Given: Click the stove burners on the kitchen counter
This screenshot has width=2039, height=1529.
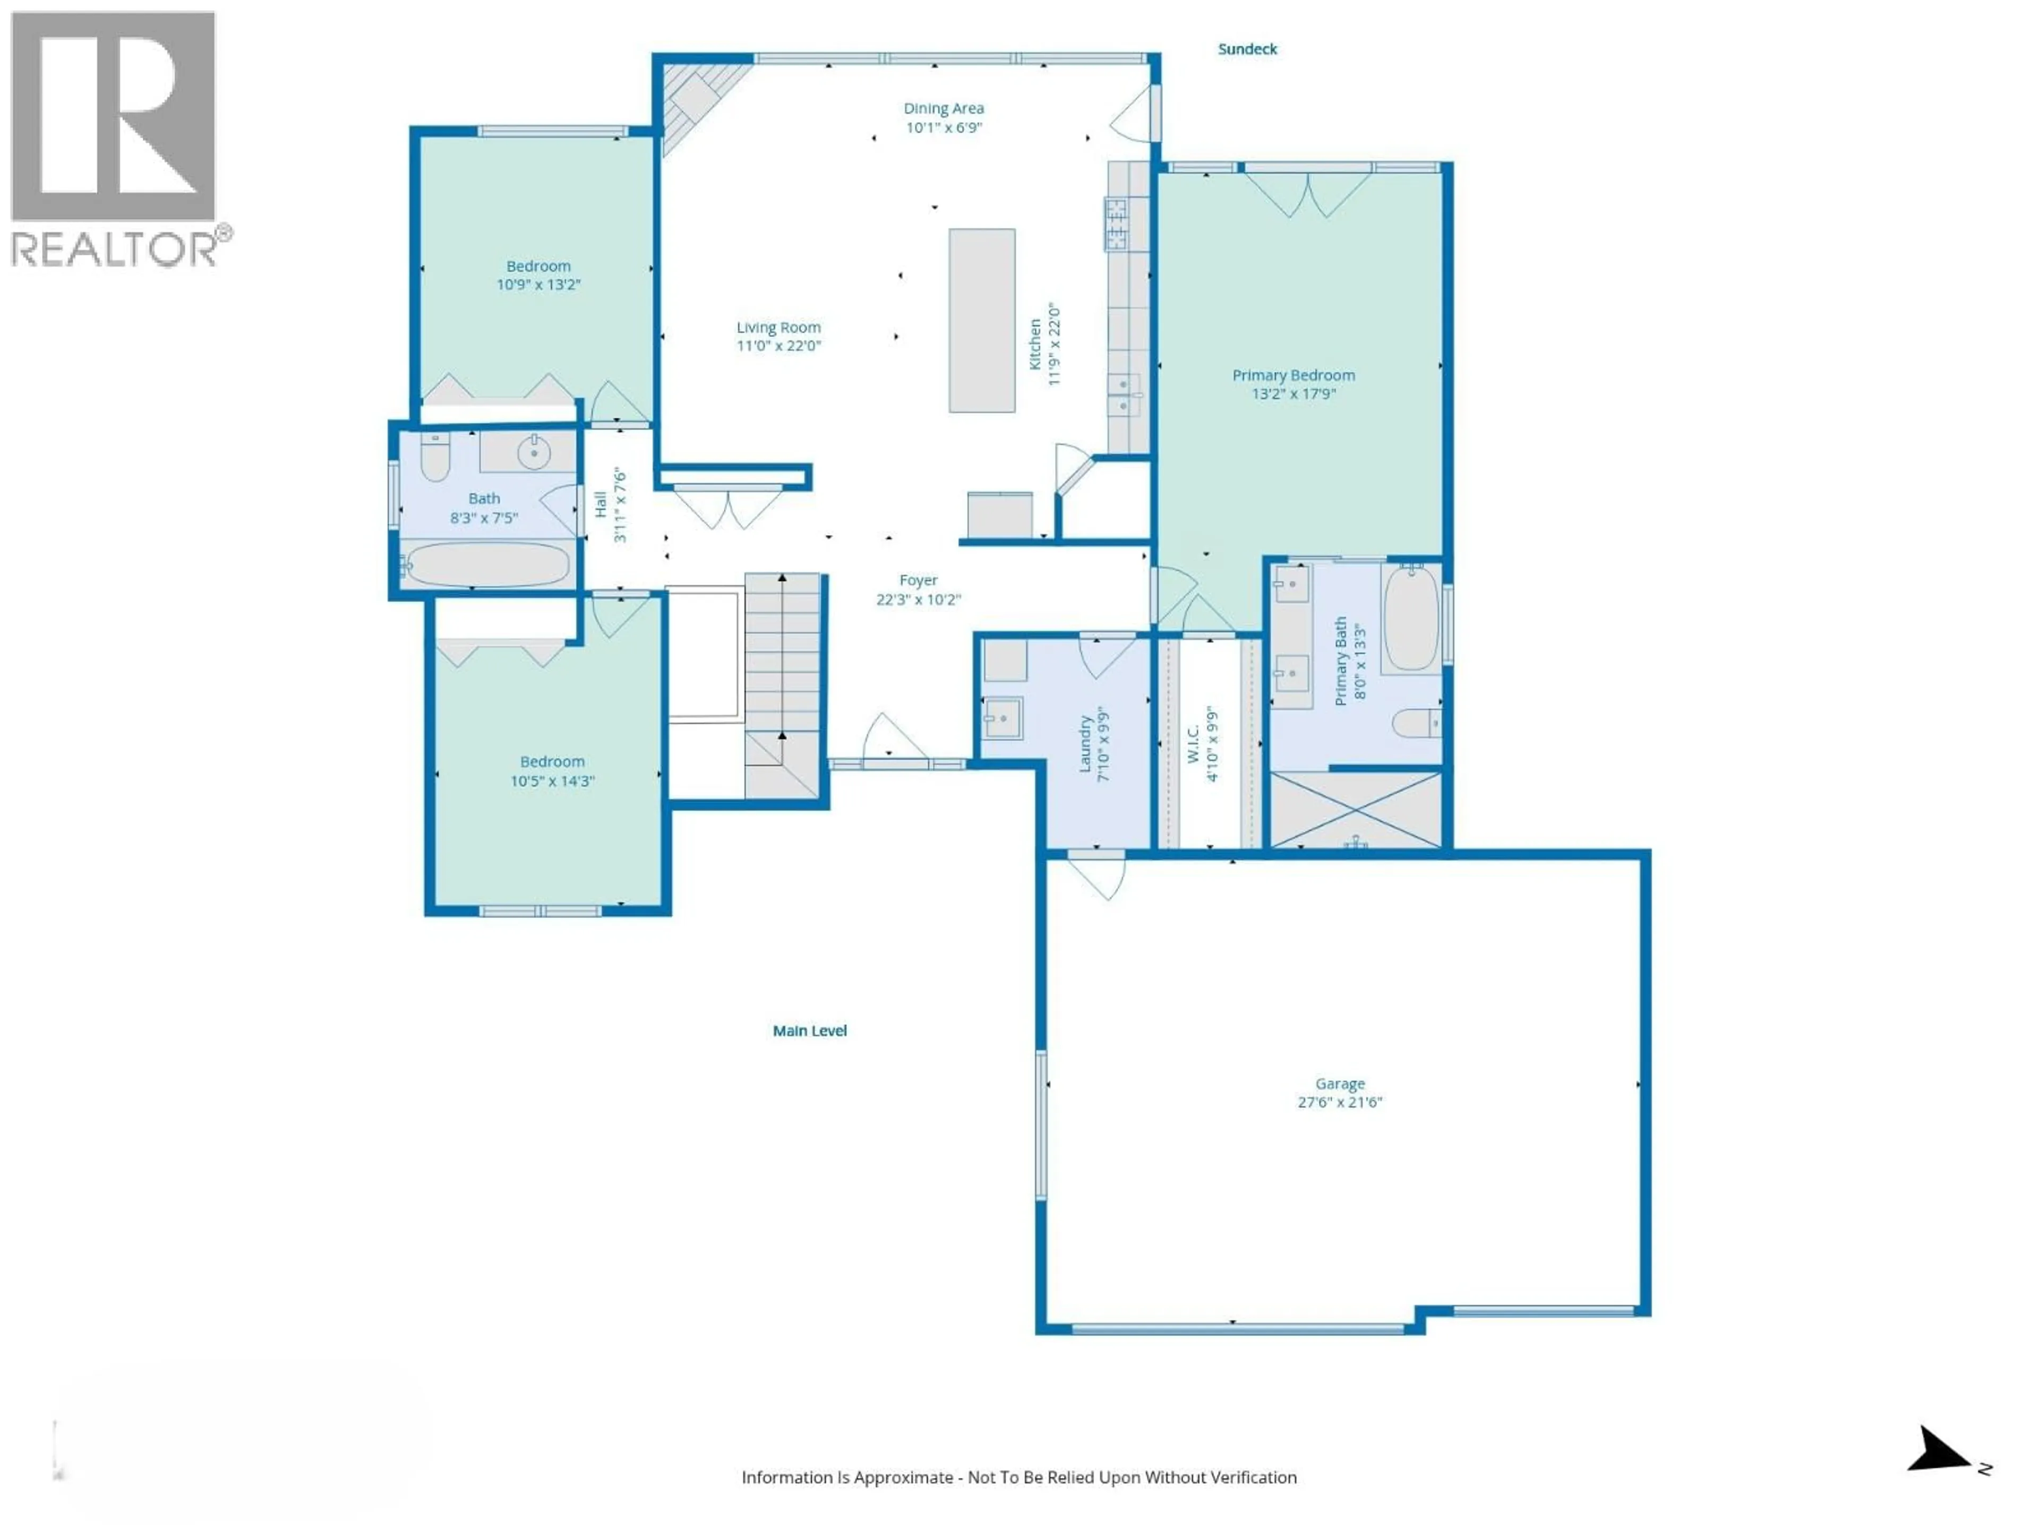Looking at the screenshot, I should pyautogui.click(x=1116, y=224).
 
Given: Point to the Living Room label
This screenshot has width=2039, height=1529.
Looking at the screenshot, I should pyautogui.click(x=778, y=327).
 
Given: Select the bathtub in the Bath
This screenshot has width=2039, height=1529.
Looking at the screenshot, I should pyautogui.click(x=487, y=564).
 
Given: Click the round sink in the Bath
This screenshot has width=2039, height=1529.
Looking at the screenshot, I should pyautogui.click(x=533, y=452).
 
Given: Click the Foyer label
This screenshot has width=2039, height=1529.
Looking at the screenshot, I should pyautogui.click(x=918, y=580).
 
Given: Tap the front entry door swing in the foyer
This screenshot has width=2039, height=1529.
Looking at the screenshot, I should pyautogui.click(x=892, y=737).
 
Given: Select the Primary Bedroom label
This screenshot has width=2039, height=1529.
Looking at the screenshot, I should pyautogui.click(x=1293, y=375).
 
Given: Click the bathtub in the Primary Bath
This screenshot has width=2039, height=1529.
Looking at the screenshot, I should pyautogui.click(x=1410, y=617).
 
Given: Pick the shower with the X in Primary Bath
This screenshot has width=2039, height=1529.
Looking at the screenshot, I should pyautogui.click(x=1355, y=809).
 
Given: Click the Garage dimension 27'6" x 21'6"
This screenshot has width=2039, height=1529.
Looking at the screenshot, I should pyautogui.click(x=1339, y=1102).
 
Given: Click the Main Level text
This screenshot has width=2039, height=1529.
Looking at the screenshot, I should pyautogui.click(x=809, y=1030).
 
